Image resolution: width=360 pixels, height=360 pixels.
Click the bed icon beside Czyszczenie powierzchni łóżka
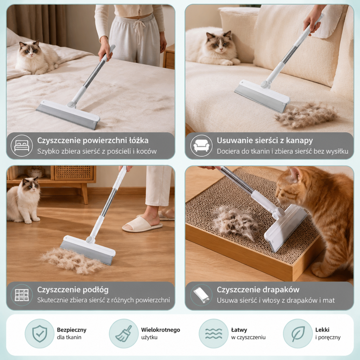click(22, 146)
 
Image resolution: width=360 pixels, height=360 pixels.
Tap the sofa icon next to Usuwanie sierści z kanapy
click(201, 146)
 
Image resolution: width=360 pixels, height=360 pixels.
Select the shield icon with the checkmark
click(39, 334)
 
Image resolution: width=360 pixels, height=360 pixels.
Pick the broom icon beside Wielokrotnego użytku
click(124, 334)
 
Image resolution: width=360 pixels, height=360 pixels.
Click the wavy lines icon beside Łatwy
click(213, 334)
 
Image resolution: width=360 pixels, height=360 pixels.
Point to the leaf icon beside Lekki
click(298, 334)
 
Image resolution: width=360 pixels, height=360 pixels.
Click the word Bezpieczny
click(72, 330)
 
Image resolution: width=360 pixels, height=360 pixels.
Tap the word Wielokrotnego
click(160, 330)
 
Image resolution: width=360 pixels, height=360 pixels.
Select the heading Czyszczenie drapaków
click(258, 290)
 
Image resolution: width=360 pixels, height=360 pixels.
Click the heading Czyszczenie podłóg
click(73, 290)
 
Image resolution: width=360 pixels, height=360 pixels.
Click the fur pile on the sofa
click(307, 115)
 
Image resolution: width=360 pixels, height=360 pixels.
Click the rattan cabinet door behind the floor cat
click(74, 173)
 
